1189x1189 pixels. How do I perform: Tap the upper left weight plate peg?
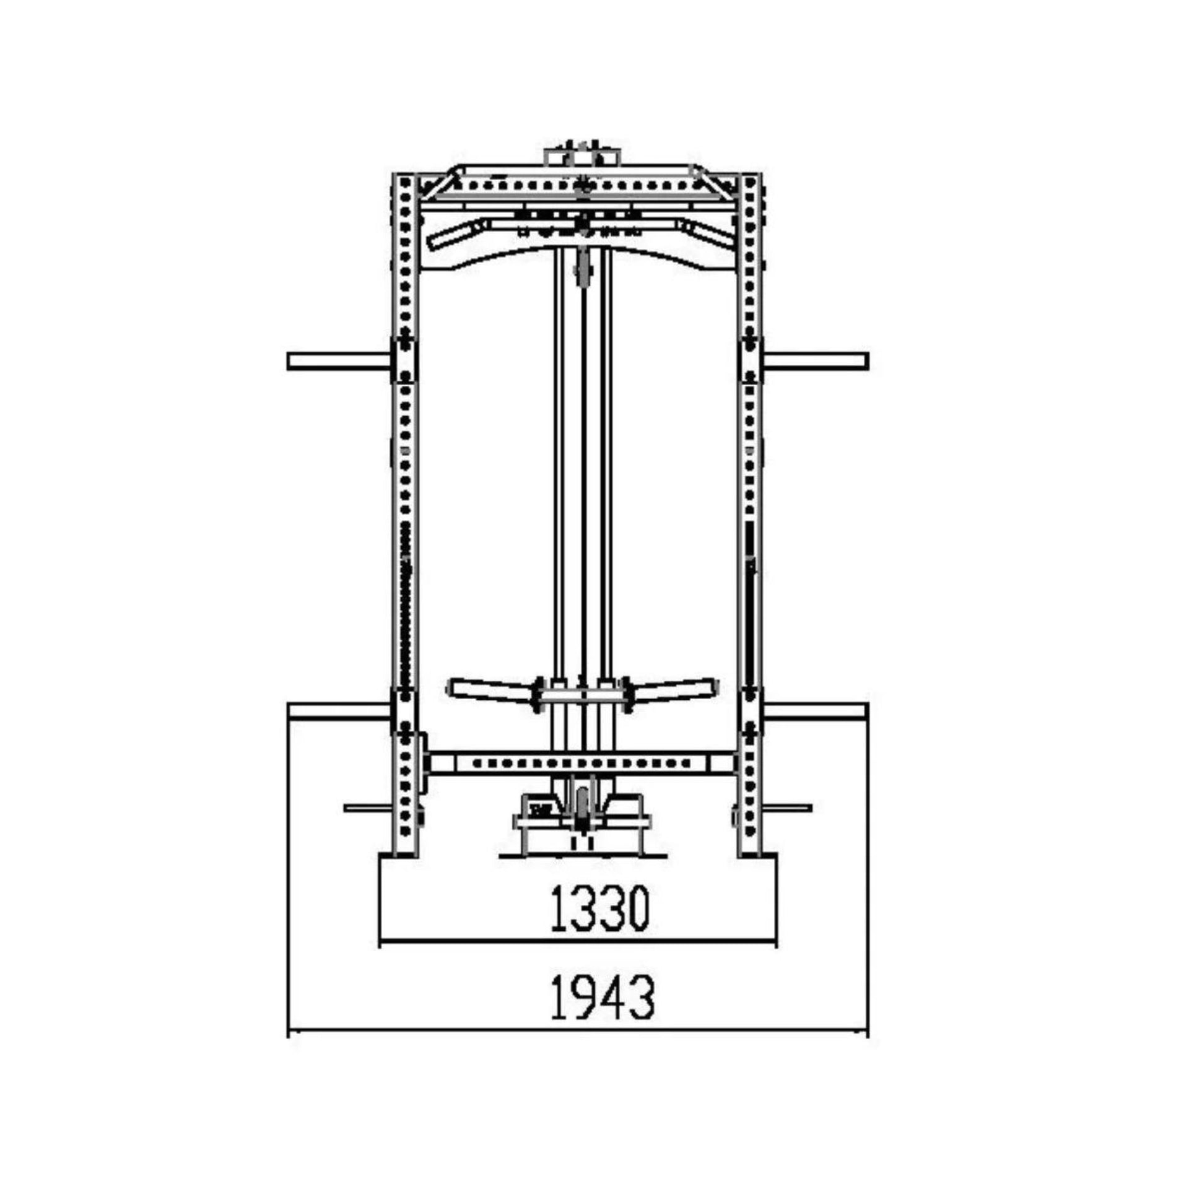(339, 361)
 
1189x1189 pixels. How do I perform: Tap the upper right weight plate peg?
(816, 361)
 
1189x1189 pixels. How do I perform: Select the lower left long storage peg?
(339, 711)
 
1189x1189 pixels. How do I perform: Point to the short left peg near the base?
(368, 808)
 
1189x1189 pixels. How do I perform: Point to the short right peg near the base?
(787, 808)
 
